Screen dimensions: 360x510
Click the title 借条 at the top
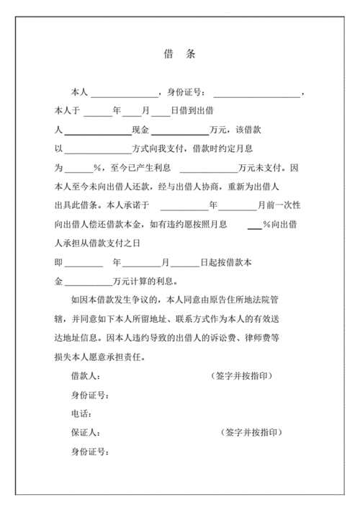tap(180, 55)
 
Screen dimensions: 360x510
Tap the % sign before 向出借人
tap(266, 224)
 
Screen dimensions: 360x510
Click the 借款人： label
tap(84, 377)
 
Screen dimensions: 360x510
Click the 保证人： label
tap(84, 433)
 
